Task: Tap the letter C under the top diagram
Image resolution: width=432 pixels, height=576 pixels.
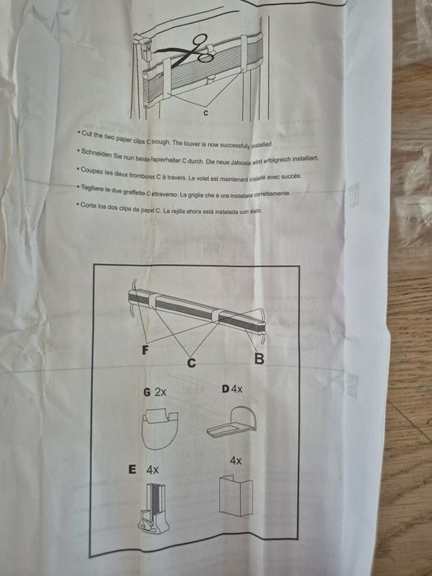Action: [205, 112]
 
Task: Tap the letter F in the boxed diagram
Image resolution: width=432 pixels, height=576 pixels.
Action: [146, 350]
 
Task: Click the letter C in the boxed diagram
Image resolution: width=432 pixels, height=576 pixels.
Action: [192, 360]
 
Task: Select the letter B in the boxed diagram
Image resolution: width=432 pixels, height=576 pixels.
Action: [258, 359]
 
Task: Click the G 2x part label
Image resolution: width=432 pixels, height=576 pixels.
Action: [155, 392]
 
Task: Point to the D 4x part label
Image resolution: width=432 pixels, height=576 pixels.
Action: [232, 389]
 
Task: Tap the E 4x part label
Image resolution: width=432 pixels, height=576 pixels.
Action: [143, 469]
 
